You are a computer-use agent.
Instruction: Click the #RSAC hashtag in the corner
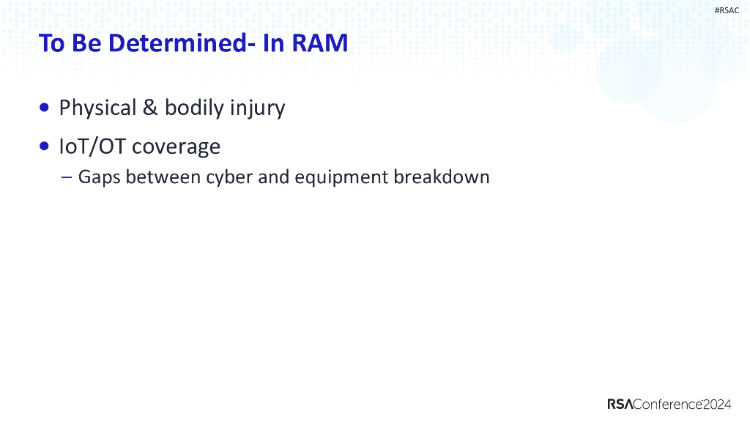pyautogui.click(x=727, y=10)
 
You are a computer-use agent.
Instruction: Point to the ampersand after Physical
pyautogui.click(x=150, y=108)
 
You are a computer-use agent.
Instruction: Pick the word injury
pyautogui.click(x=257, y=108)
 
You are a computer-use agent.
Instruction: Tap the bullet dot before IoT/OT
pyautogui.click(x=45, y=147)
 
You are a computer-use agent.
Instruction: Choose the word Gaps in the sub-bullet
pyautogui.click(x=99, y=178)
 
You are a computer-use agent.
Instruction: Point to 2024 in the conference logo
pyautogui.click(x=717, y=404)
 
